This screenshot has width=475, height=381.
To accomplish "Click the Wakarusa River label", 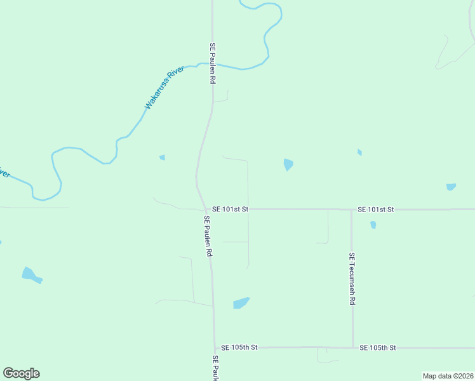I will click(164, 87).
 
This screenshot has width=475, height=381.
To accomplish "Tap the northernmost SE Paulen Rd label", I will click(213, 64).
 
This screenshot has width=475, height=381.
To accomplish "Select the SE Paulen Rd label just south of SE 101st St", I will click(208, 236).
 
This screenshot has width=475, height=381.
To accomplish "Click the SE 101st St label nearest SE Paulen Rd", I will click(230, 208).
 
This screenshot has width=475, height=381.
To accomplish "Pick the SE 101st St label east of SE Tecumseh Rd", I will click(376, 209).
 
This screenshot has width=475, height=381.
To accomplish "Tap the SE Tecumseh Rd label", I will click(351, 279).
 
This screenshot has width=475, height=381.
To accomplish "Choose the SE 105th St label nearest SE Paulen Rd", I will click(239, 347).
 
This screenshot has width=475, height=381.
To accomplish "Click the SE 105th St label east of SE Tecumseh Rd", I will click(377, 347).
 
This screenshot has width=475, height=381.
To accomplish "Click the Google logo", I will click(21, 373).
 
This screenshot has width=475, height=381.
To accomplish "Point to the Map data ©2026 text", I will click(448, 376).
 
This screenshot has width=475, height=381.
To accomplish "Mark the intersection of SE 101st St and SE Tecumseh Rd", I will click(351, 209).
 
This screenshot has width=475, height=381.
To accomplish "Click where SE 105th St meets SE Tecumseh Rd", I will click(352, 347).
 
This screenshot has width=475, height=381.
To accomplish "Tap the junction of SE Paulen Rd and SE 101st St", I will click(205, 209).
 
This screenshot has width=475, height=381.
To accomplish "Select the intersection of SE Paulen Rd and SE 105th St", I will click(215, 347).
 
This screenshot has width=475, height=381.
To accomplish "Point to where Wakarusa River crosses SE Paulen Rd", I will click(212, 65).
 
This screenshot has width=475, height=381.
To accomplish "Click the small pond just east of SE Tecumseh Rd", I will click(373, 225).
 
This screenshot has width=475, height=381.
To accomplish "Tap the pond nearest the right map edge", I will click(451, 187).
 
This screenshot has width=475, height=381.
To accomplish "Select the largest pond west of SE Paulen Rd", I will click(30, 275).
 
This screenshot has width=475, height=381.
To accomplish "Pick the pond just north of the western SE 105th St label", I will click(241, 303).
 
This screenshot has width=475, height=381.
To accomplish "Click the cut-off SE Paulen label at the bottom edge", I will click(215, 368).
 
